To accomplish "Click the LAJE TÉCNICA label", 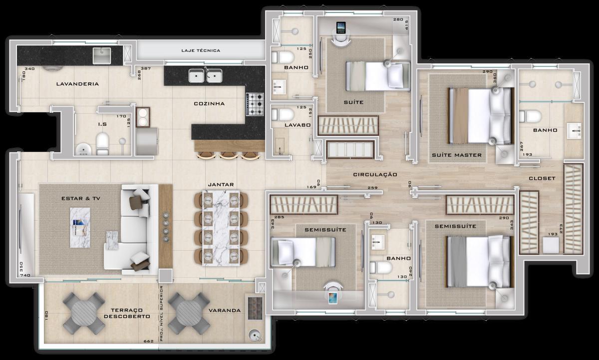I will [200, 50].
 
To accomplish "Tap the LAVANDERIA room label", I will [77, 84].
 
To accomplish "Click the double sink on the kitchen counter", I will [205, 76].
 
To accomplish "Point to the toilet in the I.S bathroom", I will [102, 143].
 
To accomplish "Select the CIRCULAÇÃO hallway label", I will [375, 175].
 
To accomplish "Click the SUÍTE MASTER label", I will [457, 155].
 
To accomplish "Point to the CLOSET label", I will [542, 178].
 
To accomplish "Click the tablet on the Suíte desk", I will [341, 27].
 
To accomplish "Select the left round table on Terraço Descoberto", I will [84, 313].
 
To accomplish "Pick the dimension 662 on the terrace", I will [148, 342].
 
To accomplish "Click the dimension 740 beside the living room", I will [25, 276].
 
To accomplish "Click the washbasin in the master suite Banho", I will [576, 130].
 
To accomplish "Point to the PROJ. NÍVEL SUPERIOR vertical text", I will [162, 314].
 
